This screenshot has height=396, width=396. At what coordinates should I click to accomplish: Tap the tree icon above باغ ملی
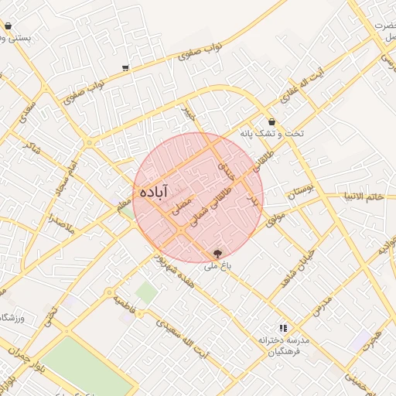pos(217,253)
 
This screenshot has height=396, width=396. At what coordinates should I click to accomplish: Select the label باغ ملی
pos(219,266)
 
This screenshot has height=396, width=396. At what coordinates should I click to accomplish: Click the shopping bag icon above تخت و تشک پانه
pos(271,122)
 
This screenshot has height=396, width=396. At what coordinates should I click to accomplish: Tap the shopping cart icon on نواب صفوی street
pos(125,68)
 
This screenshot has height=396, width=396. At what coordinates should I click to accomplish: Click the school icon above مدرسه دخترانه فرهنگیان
pos(282,328)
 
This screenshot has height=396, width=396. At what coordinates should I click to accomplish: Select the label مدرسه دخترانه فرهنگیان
pos(282,346)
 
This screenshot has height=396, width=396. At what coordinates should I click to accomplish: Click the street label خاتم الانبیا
pos(364,199)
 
